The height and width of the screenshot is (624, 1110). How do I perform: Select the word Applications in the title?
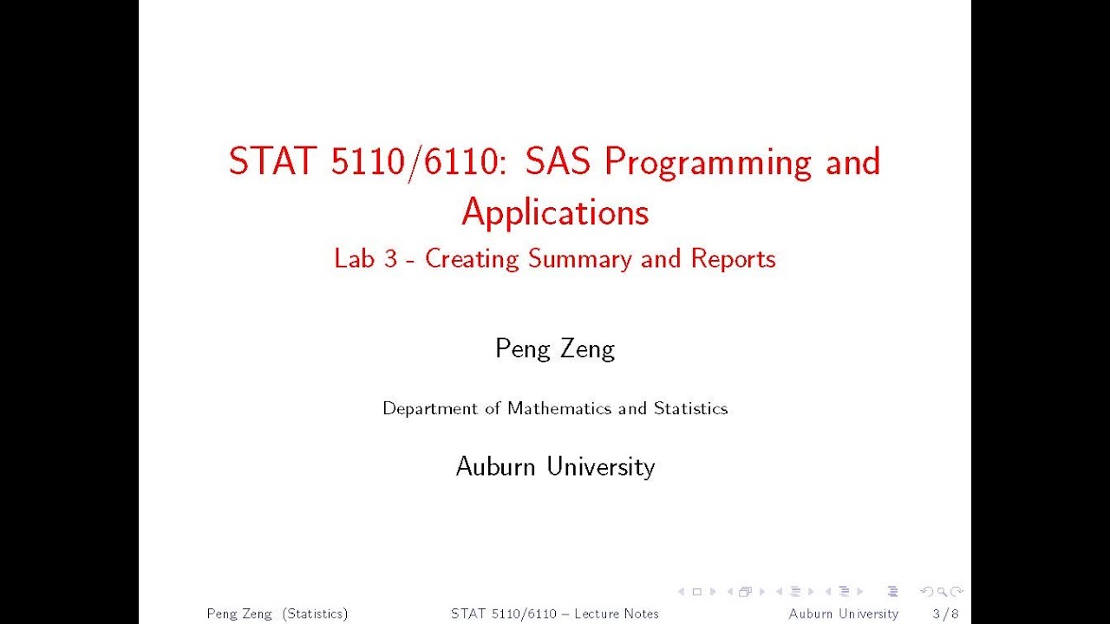tap(555, 211)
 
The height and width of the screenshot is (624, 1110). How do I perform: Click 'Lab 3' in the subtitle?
tap(365, 258)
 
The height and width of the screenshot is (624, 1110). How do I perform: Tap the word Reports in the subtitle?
tap(733, 258)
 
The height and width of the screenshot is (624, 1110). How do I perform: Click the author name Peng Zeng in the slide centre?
tap(555, 348)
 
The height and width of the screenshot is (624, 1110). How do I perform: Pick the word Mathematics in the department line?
tap(560, 408)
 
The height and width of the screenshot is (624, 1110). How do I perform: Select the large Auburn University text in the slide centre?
tap(555, 466)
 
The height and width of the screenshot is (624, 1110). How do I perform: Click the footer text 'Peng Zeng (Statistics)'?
tap(277, 614)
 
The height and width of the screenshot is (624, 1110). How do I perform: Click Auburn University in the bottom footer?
tap(843, 614)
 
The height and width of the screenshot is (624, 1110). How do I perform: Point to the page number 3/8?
tap(946, 614)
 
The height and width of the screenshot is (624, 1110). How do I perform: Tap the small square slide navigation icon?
tap(696, 592)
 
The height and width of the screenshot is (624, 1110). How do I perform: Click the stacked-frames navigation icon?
tap(745, 592)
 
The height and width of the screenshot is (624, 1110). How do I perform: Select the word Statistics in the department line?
tap(690, 408)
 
